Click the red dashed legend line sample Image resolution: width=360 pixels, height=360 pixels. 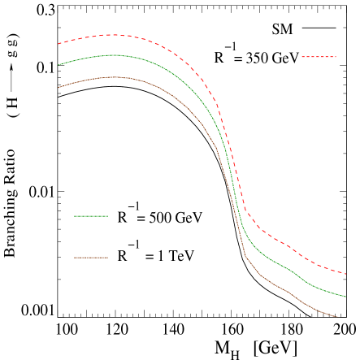click(x=319, y=57)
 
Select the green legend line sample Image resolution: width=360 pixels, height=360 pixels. click(x=91, y=216)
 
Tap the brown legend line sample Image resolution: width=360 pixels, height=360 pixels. click(x=91, y=258)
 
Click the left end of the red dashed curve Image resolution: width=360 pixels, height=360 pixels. click(x=59, y=44)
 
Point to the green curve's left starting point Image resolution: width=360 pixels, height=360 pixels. click(x=59, y=64)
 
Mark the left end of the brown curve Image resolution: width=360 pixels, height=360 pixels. click(x=59, y=87)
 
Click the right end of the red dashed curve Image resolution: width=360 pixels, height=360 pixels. click(x=346, y=274)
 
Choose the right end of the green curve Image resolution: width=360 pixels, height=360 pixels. click(x=346, y=297)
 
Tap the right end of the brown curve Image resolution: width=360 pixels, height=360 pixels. click(x=337, y=316)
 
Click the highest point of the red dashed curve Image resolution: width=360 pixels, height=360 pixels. click(x=111, y=35)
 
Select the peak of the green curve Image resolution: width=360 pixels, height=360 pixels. click(x=114, y=55)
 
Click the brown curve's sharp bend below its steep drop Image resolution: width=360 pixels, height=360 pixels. click(x=245, y=257)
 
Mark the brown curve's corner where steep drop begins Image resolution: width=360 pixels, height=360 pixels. click(x=216, y=148)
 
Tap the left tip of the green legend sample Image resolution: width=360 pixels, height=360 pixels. click(x=74, y=216)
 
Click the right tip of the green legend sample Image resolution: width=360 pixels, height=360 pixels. click(x=108, y=216)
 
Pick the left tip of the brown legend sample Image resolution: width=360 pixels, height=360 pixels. click(x=74, y=258)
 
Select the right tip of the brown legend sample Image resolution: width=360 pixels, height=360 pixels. click(x=108, y=258)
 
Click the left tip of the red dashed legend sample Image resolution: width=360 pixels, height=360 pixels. click(x=301, y=57)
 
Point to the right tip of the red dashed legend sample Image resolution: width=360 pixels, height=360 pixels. click(x=336, y=57)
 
